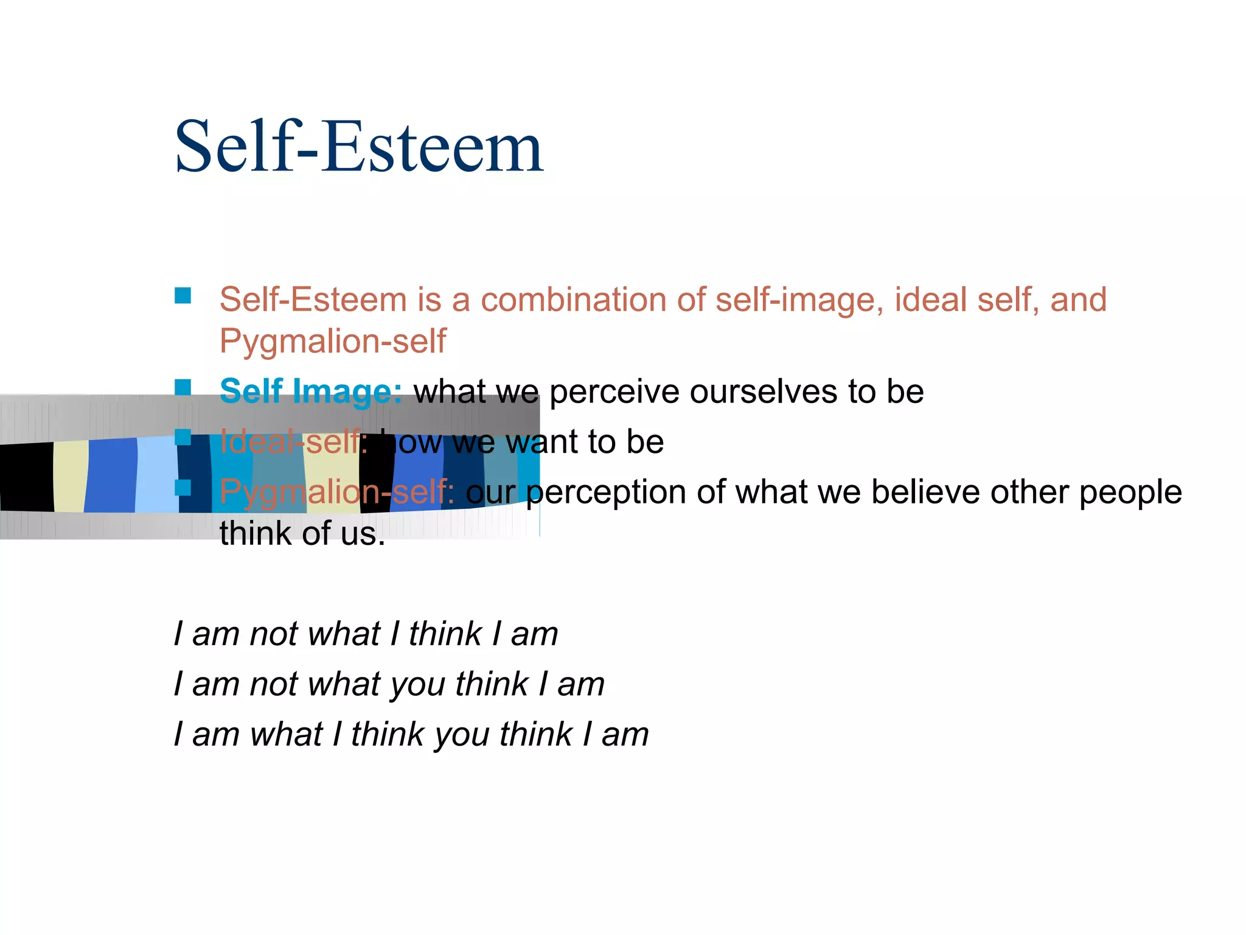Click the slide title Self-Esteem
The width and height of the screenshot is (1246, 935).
tap(358, 147)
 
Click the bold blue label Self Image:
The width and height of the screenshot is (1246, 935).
tap(310, 391)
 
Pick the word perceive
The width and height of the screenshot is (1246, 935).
tap(614, 392)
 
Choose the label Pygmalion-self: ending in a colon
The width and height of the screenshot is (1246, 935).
tap(337, 492)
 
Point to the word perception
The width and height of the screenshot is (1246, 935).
tap(606, 492)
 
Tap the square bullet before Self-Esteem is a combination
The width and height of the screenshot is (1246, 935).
tap(183, 296)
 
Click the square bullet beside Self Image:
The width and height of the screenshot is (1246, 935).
tap(183, 387)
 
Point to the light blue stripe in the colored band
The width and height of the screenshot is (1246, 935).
tap(157, 475)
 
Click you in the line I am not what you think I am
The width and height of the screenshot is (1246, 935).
tap(417, 684)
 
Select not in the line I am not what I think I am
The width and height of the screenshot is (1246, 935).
tap(273, 634)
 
